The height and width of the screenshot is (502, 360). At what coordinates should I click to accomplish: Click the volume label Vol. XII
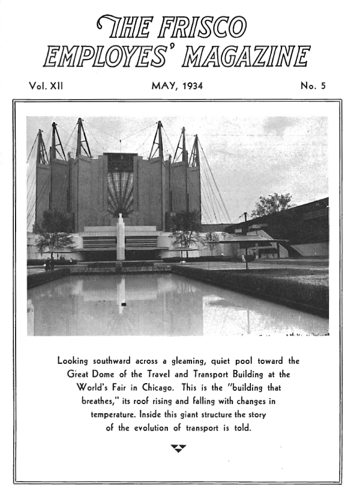(46, 86)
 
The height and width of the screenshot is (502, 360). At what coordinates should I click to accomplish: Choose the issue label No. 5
(313, 86)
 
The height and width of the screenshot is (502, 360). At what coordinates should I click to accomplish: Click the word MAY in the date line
(163, 86)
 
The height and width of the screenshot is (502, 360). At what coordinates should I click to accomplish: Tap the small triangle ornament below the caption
(178, 447)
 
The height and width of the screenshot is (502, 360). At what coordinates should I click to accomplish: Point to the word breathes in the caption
(97, 401)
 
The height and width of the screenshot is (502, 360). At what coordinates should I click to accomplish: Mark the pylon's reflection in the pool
(121, 294)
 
